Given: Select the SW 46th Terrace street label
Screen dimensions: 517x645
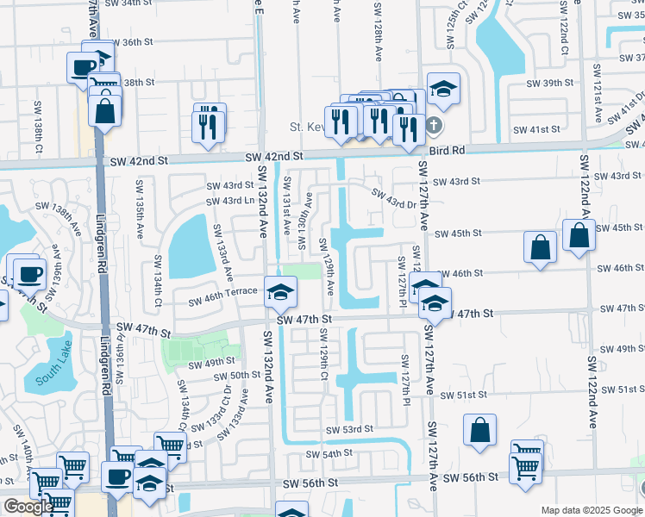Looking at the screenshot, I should pos(223,292).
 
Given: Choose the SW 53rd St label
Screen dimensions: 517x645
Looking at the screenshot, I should pos(349,429).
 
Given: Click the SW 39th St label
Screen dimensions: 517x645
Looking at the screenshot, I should pos(551,83).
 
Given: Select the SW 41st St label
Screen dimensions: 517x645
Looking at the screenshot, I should pos(536,129).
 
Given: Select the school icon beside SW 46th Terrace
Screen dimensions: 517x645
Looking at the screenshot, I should pos(280,292).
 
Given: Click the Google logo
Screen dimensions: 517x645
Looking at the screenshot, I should pos(28,507).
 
